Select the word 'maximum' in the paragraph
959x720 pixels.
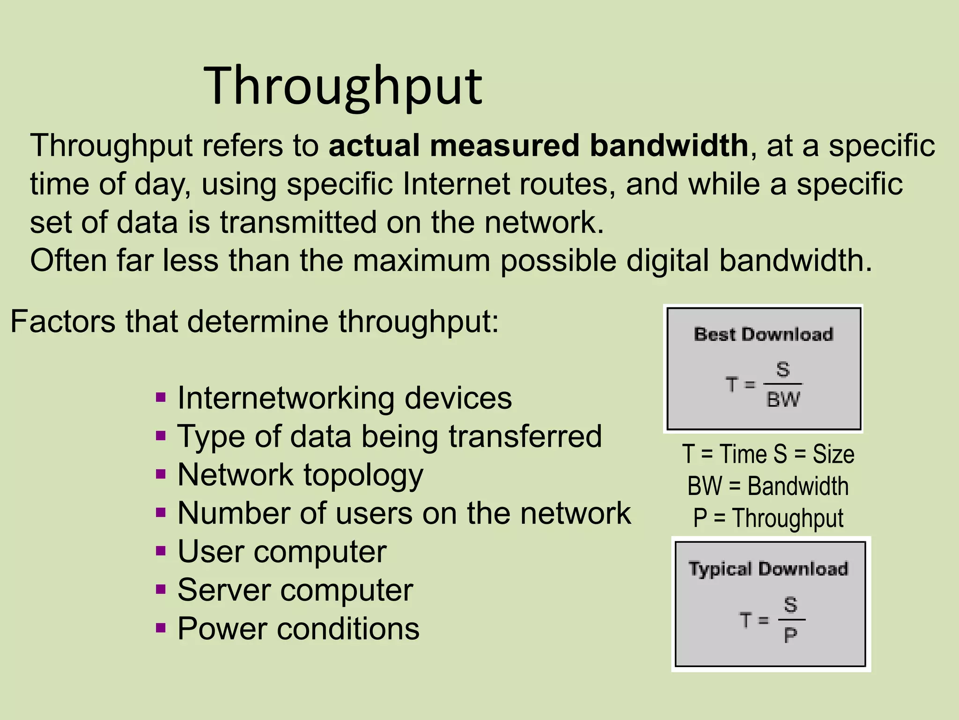click(x=421, y=261)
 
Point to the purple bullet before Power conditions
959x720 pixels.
click(x=161, y=628)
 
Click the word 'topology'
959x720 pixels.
click(x=363, y=475)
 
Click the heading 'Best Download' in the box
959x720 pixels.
click(x=763, y=335)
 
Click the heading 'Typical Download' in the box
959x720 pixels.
click(x=768, y=569)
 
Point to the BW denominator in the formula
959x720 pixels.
click(x=783, y=400)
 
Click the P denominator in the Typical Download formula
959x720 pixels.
click(x=790, y=636)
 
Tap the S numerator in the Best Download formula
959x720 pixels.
click(x=783, y=369)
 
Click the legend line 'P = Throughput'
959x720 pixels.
click(x=768, y=518)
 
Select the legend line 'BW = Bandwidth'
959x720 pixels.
click(x=768, y=486)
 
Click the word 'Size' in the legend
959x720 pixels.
click(x=834, y=454)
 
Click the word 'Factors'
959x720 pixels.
click(x=62, y=322)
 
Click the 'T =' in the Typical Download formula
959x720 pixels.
click(x=754, y=620)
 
